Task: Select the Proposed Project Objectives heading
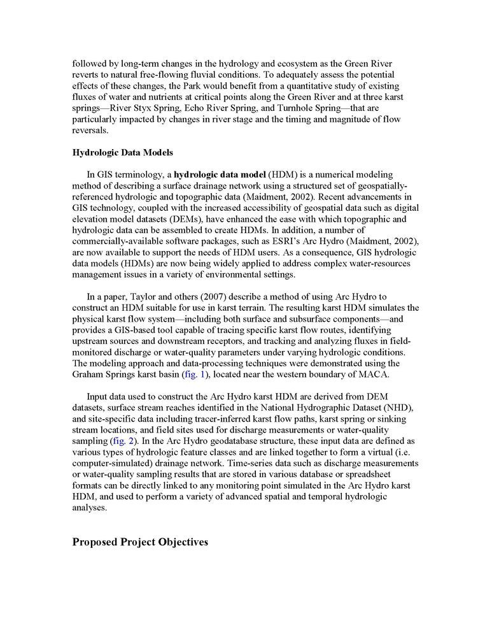tap(140, 543)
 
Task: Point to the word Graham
tap(88, 375)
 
